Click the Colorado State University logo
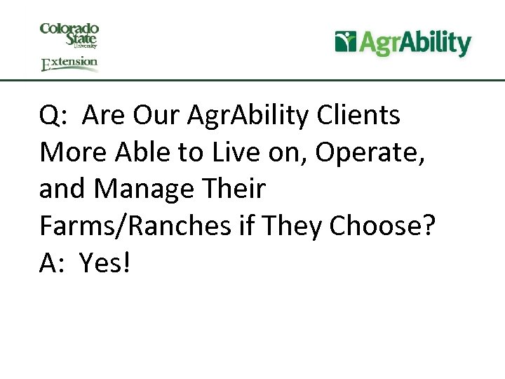69,35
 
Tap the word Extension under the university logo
69,64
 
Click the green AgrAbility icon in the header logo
346,42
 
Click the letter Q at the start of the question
50,117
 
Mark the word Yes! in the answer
105,263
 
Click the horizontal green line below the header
252,80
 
